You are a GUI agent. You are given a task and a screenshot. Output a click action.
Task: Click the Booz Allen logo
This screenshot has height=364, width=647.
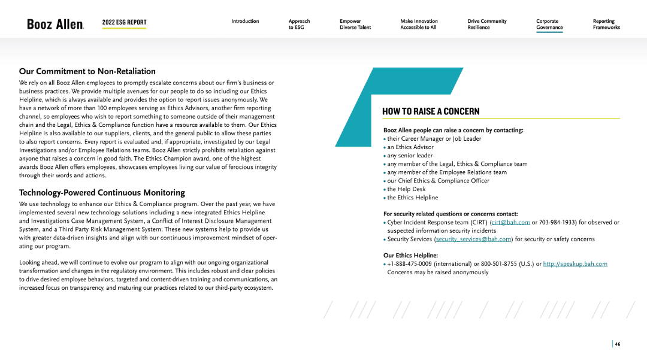click(55, 24)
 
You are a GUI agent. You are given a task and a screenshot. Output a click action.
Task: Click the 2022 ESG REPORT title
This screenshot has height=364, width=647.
click(124, 22)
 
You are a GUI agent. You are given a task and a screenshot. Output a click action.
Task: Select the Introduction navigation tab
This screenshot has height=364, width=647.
click(245, 22)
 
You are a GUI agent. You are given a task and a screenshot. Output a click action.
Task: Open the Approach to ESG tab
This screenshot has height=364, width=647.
click(299, 24)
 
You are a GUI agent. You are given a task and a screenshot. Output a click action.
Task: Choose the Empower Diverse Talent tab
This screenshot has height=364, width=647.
click(355, 24)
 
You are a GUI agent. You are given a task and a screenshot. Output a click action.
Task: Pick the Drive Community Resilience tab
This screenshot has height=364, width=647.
click(486, 24)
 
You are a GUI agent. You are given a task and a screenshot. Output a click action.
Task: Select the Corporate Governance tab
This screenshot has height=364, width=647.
click(549, 24)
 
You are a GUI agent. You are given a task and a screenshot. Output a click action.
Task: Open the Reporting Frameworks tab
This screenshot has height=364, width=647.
click(606, 24)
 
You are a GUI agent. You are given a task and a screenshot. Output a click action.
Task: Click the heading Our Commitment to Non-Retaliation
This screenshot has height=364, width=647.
click(87, 71)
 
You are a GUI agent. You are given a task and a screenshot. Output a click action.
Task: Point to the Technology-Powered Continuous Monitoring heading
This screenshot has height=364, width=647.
click(102, 193)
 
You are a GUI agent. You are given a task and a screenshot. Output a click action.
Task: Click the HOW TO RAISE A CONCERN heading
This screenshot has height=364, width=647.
click(431, 111)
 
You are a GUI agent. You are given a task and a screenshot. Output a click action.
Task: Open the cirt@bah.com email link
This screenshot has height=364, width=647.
click(510, 222)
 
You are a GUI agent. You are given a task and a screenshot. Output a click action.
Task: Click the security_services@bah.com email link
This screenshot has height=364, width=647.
click(473, 239)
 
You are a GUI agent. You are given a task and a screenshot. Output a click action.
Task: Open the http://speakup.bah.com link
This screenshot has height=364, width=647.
click(575, 264)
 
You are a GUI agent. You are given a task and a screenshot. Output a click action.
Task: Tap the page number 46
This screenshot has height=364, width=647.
click(617, 344)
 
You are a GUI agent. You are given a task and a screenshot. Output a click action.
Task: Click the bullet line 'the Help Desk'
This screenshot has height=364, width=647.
click(406, 189)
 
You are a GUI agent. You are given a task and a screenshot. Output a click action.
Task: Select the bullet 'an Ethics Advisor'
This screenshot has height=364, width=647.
click(410, 147)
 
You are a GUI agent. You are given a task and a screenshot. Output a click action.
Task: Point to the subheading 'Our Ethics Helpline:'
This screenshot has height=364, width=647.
click(410, 256)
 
